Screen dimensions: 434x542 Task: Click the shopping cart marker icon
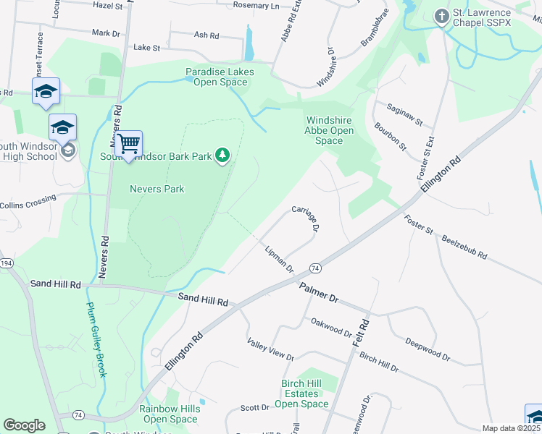coord(128,145)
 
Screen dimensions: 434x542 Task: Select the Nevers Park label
coord(157,189)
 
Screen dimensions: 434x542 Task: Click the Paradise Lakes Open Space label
coord(215,77)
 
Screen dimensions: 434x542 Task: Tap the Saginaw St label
coord(409,115)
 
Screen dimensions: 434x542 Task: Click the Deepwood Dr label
coord(428,350)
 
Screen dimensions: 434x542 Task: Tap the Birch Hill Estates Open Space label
coord(304,393)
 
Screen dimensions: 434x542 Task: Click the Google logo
coord(24,425)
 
